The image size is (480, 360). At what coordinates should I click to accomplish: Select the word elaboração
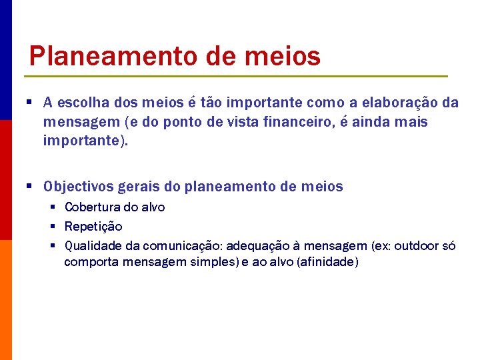(x=393, y=103)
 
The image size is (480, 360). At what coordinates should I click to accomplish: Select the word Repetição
(x=93, y=227)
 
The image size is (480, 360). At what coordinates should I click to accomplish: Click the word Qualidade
(x=93, y=246)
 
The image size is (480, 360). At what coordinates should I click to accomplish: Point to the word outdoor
(x=418, y=246)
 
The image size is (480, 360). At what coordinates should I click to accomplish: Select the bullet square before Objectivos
(x=31, y=186)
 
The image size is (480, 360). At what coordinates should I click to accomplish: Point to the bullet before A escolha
(x=31, y=102)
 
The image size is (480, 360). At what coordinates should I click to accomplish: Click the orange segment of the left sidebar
(x=5, y=300)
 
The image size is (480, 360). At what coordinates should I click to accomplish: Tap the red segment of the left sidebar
(x=5, y=180)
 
